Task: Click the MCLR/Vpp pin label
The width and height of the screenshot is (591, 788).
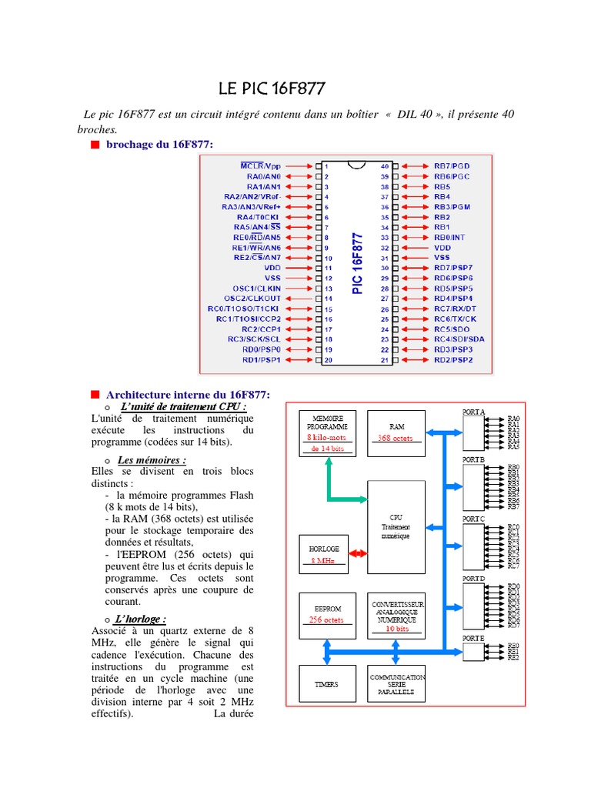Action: click(x=262, y=165)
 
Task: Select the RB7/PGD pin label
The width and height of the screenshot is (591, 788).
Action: click(x=452, y=165)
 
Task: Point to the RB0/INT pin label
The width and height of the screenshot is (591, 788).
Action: click(x=449, y=238)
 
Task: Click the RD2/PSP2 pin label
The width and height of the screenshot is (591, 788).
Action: click(x=452, y=359)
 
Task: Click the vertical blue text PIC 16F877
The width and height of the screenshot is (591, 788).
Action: click(x=356, y=262)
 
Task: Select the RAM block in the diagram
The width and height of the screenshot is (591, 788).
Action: click(x=396, y=433)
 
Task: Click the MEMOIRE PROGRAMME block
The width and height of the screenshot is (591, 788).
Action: click(x=328, y=433)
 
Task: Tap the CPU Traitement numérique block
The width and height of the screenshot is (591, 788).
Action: click(x=396, y=526)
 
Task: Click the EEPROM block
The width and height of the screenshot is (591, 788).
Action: click(x=328, y=615)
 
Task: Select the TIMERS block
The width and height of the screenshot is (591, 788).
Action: click(x=326, y=684)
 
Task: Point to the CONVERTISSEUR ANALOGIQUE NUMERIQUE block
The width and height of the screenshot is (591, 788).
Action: click(x=396, y=615)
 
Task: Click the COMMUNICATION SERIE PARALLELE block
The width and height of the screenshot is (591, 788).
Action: click(x=396, y=684)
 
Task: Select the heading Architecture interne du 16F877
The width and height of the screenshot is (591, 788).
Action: click(x=188, y=394)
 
